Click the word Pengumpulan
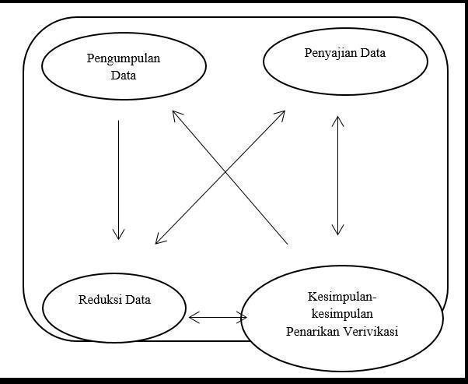(x=124, y=58)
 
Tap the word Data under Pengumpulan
(x=124, y=76)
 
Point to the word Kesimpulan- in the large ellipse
(x=342, y=297)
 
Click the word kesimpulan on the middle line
(x=342, y=314)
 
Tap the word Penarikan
(x=313, y=332)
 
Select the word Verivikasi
(x=371, y=332)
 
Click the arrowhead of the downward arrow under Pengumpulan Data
(x=118, y=234)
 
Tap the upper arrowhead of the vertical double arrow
(x=337, y=121)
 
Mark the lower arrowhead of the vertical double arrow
(x=337, y=230)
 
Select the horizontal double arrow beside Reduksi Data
(x=218, y=317)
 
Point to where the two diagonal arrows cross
(x=225, y=172)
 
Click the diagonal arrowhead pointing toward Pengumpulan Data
(x=176, y=114)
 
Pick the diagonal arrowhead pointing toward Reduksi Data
(x=159, y=240)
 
